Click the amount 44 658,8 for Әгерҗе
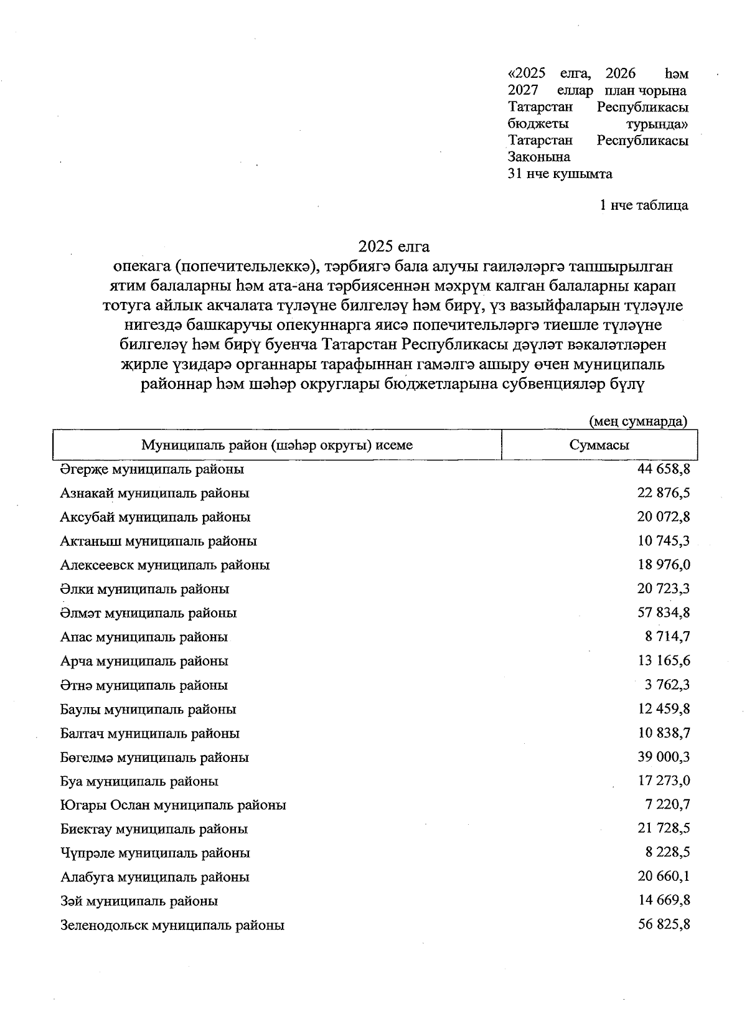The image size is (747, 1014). [x=664, y=469]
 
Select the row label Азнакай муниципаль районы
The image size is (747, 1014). [x=154, y=493]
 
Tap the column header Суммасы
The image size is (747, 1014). [x=599, y=445]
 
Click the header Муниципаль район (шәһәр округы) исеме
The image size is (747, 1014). [x=277, y=445]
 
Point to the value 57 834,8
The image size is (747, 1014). [x=664, y=613]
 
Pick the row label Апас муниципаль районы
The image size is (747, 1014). [x=144, y=637]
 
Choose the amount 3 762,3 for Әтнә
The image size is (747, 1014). [x=667, y=685]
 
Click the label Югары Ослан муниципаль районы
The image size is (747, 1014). [x=173, y=805]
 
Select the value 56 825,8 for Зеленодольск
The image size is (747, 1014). [x=664, y=924]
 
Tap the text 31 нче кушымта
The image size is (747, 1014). [x=560, y=174]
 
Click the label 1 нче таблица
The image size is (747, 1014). [x=644, y=205]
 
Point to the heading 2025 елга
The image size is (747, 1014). [x=393, y=247]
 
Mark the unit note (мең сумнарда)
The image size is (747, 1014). [x=638, y=421]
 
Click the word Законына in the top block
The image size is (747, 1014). [x=538, y=157]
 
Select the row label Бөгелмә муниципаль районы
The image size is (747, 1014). [x=154, y=758]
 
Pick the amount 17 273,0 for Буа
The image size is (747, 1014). [x=664, y=781]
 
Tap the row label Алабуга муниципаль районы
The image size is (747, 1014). [x=154, y=877]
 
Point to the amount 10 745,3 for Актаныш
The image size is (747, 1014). [x=664, y=541]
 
